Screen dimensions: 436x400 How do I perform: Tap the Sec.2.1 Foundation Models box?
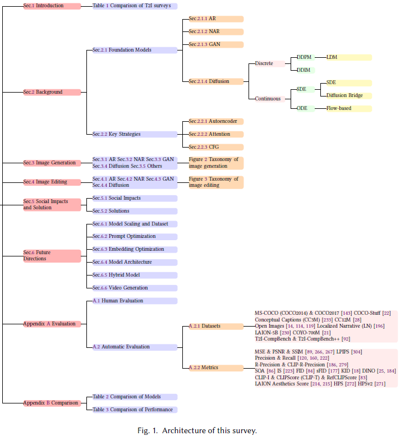[x=135, y=50]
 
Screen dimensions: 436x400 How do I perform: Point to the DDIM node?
[x=305, y=70]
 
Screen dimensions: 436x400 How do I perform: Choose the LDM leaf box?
[x=348, y=57]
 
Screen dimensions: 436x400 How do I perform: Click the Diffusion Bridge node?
[x=348, y=95]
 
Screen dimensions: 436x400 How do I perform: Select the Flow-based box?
[x=348, y=108]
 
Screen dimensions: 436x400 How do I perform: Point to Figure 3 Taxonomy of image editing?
[x=215, y=182]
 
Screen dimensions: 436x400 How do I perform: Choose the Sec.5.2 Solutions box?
[x=135, y=211]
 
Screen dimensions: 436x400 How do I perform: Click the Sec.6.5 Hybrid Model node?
[x=135, y=275]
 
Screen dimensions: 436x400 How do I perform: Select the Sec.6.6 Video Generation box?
[x=135, y=288]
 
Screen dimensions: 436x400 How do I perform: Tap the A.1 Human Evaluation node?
[x=135, y=301]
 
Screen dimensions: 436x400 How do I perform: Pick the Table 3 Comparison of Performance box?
[x=135, y=410]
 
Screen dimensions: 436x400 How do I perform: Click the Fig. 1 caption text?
[x=197, y=430]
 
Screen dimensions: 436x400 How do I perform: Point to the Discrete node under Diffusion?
[x=269, y=63]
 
